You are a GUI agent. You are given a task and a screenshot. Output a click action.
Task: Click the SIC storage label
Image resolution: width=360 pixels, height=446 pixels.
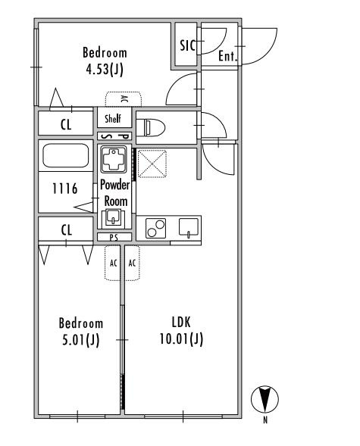point(188,45)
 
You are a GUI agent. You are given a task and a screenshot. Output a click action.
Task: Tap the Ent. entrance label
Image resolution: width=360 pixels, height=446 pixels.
point(227,56)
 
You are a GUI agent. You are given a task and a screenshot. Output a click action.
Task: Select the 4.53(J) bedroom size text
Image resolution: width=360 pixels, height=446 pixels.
point(105,69)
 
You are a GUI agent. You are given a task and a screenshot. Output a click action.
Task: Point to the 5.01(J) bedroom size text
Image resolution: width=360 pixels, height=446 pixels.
point(80,340)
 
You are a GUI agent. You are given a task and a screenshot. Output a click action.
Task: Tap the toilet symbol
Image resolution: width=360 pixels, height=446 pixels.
point(151,128)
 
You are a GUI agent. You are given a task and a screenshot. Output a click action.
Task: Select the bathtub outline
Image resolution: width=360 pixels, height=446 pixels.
point(65,155)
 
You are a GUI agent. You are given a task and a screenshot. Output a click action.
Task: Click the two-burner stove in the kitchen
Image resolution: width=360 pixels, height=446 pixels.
point(155,228)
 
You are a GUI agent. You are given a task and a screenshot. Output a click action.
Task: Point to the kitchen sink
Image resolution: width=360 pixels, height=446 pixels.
point(189,228)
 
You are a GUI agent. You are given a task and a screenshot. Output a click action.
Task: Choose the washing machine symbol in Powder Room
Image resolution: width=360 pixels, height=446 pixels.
point(114,160)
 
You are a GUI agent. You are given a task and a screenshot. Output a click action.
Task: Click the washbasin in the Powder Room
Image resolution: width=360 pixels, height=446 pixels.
point(114,217)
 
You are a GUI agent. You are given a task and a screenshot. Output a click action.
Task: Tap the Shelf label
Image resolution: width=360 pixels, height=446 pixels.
point(113,118)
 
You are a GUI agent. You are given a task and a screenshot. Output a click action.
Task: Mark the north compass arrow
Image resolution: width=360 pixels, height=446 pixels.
point(265,399)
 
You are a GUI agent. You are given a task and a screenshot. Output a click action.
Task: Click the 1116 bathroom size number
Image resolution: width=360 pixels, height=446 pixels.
point(65,189)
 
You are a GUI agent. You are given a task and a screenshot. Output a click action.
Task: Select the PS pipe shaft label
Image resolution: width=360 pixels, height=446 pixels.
point(114,237)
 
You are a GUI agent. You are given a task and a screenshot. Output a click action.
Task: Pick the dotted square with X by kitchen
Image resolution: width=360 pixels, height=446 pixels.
point(152,164)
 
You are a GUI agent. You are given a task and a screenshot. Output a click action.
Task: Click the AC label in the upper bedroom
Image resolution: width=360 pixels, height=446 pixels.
point(124,99)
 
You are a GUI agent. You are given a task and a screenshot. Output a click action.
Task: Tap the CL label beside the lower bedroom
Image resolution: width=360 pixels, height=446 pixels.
point(66,230)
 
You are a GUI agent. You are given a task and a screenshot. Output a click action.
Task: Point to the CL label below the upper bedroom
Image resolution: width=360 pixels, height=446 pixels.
point(66,125)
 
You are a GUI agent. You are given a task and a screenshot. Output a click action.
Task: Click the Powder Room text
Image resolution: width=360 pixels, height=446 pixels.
point(115,193)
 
